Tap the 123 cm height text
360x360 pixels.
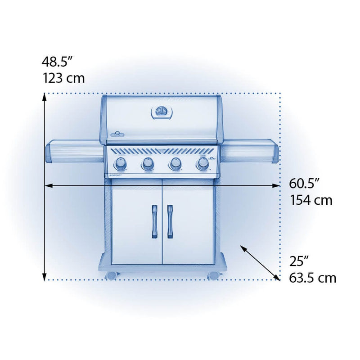63,78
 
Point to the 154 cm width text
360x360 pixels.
311,200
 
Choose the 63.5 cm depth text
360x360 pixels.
312,278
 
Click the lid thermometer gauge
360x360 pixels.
162,112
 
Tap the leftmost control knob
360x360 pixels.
120,163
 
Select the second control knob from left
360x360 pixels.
148,163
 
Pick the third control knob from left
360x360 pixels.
175,163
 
